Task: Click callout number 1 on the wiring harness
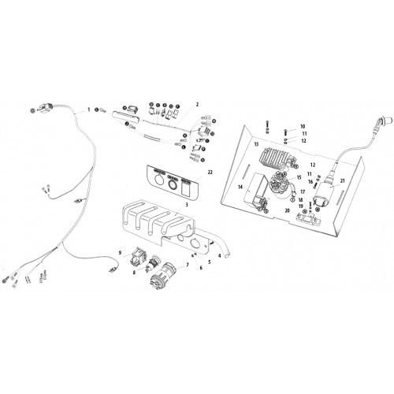89,110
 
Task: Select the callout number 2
197,105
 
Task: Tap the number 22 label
210,173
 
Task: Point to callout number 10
303,127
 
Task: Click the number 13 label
256,144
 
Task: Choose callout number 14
240,187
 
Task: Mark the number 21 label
342,181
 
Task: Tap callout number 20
287,210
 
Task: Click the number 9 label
120,253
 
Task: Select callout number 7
188,265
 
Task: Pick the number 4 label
220,255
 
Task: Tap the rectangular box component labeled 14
258,191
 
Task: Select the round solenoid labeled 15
279,184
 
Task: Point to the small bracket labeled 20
307,218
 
